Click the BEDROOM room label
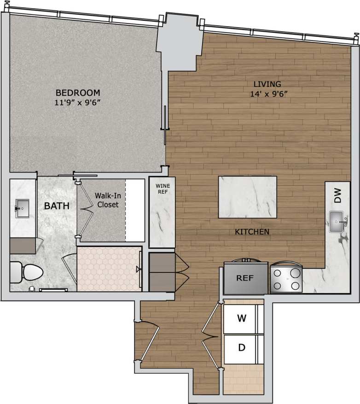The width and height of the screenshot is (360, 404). (x=77, y=92)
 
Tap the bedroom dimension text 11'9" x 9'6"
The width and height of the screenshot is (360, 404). (x=77, y=103)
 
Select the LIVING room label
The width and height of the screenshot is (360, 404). (x=267, y=84)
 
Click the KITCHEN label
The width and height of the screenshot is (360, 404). (x=252, y=232)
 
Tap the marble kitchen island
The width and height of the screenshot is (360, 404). (x=248, y=197)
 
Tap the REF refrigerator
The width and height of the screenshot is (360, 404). (x=245, y=278)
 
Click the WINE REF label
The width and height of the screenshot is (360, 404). (x=162, y=189)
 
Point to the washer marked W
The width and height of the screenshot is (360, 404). (x=241, y=318)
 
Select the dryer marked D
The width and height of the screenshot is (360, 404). (x=241, y=348)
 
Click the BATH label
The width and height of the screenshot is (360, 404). (x=57, y=206)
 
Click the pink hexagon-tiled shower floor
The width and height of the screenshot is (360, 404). (x=109, y=269)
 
